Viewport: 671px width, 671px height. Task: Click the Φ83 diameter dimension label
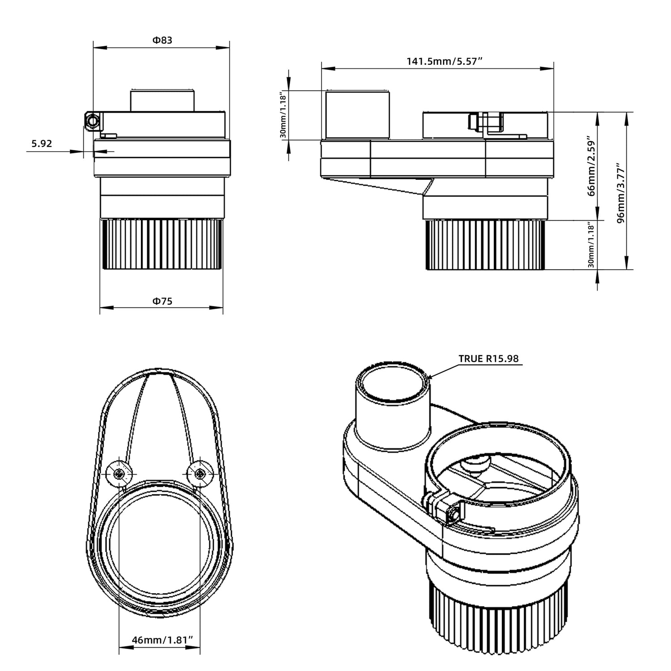162,40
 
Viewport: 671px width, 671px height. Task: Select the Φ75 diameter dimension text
162,301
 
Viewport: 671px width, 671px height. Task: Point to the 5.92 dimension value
42,144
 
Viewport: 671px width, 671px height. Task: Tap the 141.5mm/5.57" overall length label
444,61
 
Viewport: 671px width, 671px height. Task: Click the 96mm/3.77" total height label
620,193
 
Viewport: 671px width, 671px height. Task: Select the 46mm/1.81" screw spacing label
162,640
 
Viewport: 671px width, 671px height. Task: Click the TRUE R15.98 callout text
488,359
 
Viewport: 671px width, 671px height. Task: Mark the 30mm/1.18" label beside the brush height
591,245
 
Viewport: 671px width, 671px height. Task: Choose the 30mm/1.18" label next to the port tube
283,115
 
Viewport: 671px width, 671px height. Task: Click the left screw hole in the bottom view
120,474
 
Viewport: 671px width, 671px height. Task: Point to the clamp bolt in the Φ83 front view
92,121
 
